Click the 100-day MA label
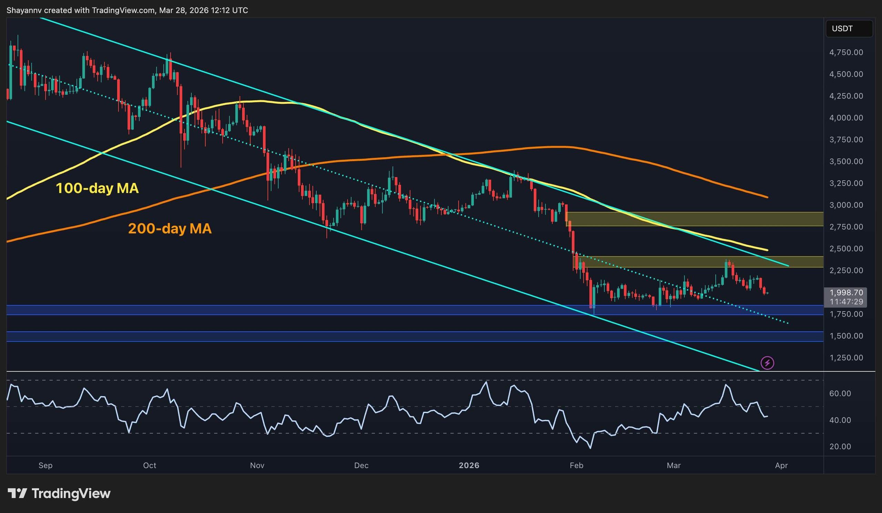pyautogui.click(x=97, y=188)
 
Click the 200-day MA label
pyautogui.click(x=170, y=229)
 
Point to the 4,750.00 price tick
pyautogui.click(x=846, y=52)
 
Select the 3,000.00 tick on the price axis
pyautogui.click(x=846, y=205)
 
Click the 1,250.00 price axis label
pyautogui.click(x=846, y=358)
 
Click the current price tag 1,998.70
pyautogui.click(x=846, y=292)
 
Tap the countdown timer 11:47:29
pyautogui.click(x=846, y=302)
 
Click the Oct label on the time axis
pyautogui.click(x=150, y=465)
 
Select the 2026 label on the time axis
pyautogui.click(x=469, y=465)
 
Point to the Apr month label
pyautogui.click(x=781, y=465)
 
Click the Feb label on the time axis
pyautogui.click(x=576, y=465)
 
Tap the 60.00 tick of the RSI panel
pyautogui.click(x=840, y=394)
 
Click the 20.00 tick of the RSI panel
pyautogui.click(x=840, y=446)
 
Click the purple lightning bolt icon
pyautogui.click(x=768, y=363)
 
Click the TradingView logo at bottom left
pyautogui.click(x=59, y=494)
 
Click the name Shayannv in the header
pyautogui.click(x=24, y=10)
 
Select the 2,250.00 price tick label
pyautogui.click(x=846, y=270)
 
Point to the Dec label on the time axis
pyautogui.click(x=361, y=465)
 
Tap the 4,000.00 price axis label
pyautogui.click(x=846, y=118)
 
